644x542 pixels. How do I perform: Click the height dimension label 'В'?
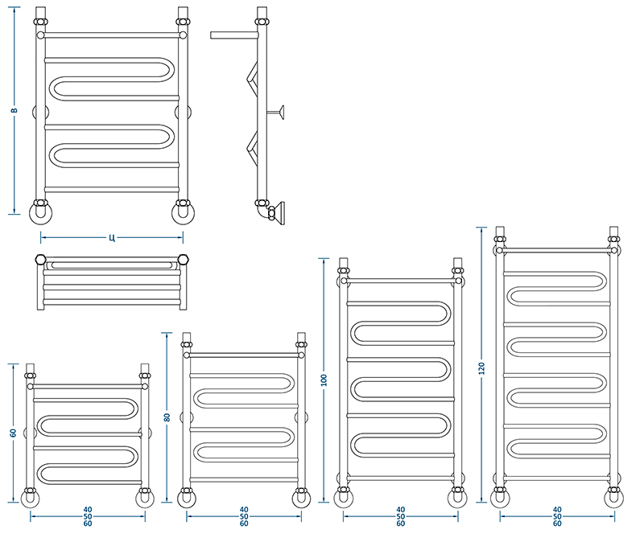[x=14, y=110]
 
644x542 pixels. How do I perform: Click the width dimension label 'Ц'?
[x=112, y=237]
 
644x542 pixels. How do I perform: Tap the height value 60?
[x=14, y=433]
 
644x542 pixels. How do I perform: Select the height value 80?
[x=167, y=417]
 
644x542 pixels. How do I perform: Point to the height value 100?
[x=324, y=380]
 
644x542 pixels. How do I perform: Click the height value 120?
[x=481, y=368]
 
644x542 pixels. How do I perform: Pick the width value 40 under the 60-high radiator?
[x=88, y=510]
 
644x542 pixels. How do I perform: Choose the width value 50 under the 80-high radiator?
[x=244, y=516]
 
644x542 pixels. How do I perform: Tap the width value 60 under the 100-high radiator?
[x=400, y=524]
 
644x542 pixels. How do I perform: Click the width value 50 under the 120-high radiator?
[x=557, y=516]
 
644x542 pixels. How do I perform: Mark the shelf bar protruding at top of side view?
[x=234, y=35]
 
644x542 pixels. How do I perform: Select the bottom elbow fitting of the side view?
[x=263, y=211]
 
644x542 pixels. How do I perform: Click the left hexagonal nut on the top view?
[x=40, y=259]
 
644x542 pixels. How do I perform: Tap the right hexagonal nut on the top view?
[x=184, y=259]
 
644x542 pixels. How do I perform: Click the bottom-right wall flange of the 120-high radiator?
[x=614, y=499]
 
